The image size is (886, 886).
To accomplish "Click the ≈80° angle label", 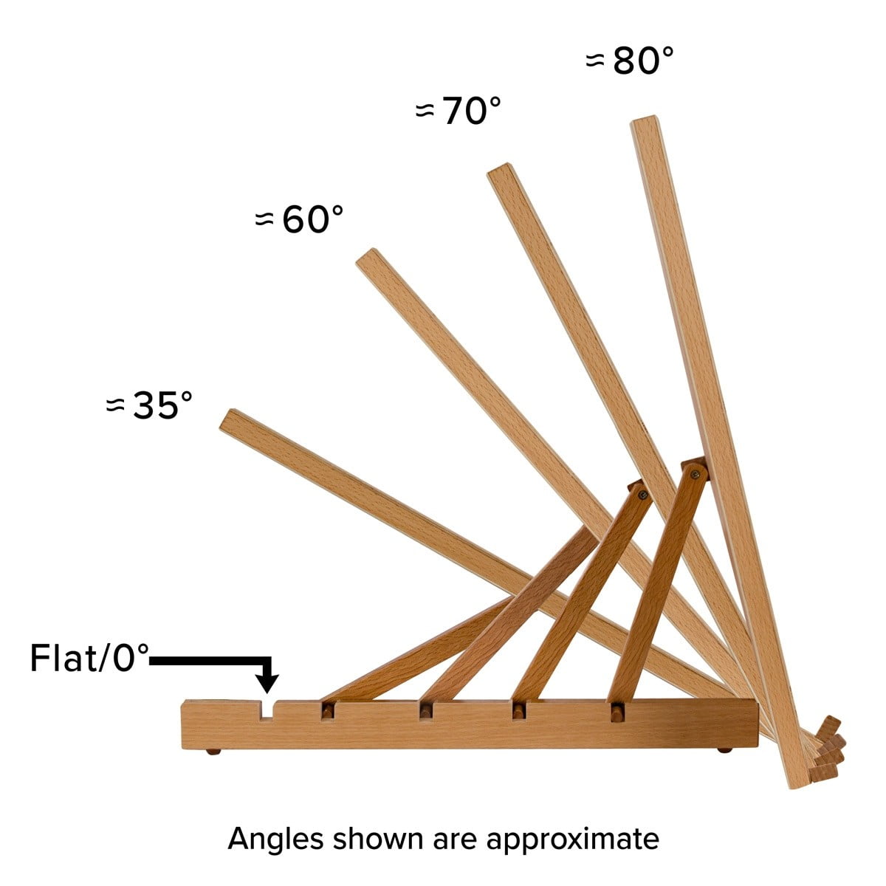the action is (x=629, y=61).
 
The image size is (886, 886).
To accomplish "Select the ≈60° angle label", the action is (x=299, y=219).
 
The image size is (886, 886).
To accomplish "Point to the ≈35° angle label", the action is (x=149, y=405).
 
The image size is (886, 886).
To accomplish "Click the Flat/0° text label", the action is (x=89, y=659).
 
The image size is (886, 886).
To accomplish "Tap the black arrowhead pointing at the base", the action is (x=267, y=683).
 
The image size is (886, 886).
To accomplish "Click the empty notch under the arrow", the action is (x=267, y=711).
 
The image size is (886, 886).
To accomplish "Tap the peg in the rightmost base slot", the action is (x=616, y=713).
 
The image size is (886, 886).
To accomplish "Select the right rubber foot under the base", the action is (x=725, y=750).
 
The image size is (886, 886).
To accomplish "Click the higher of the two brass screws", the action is (x=695, y=473).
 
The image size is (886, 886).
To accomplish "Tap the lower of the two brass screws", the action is (x=643, y=495).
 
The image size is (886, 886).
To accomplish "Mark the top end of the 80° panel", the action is (x=645, y=120).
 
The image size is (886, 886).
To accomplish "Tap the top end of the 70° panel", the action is (x=499, y=168).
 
